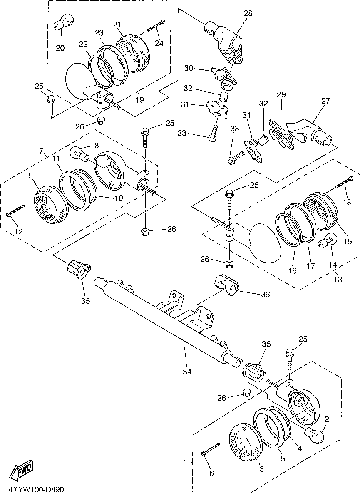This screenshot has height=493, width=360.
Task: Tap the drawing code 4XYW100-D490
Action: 36,489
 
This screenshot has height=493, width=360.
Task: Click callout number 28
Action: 248,13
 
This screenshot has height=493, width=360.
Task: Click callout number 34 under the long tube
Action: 187,372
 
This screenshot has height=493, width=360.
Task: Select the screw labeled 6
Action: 210,448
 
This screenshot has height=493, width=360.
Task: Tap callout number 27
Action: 326,101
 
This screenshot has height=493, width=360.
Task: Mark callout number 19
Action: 139,100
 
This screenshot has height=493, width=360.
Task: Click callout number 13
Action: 338,280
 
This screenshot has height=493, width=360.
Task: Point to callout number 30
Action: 189,68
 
